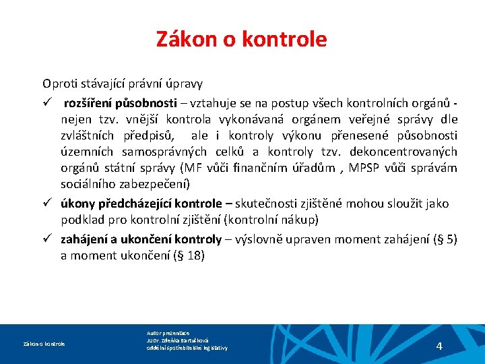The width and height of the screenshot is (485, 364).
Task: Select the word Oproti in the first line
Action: coord(59,84)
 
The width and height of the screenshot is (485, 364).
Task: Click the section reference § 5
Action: coord(445,239)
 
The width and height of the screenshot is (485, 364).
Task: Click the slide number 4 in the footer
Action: coord(439,346)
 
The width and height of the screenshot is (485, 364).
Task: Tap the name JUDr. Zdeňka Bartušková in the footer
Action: coord(177,340)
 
